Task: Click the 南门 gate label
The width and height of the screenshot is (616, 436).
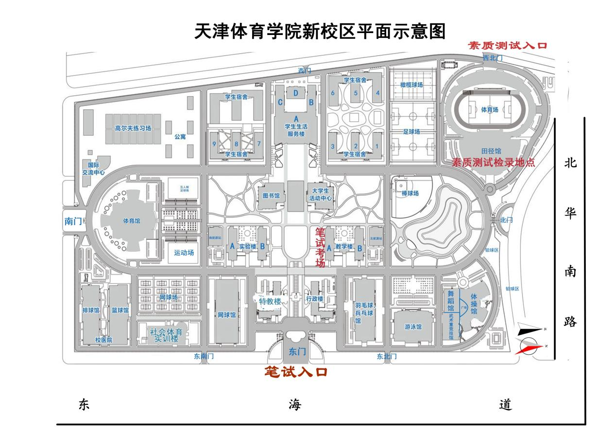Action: pyautogui.click(x=73, y=221)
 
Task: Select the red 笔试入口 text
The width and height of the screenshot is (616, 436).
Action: pyautogui.click(x=295, y=372)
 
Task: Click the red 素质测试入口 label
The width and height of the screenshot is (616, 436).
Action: pyautogui.click(x=507, y=46)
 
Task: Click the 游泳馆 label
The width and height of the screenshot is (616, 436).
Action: pyautogui.click(x=413, y=327)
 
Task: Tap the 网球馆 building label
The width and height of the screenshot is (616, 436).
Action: pyautogui.click(x=226, y=315)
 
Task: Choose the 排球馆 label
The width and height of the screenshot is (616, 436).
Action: pyautogui.click(x=90, y=310)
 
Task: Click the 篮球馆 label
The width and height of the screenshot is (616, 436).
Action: pyautogui.click(x=120, y=310)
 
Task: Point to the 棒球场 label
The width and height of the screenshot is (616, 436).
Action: pyautogui.click(x=411, y=194)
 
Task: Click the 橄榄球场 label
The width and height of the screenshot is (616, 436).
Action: pyautogui.click(x=411, y=85)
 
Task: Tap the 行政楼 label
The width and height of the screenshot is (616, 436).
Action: pyautogui.click(x=315, y=299)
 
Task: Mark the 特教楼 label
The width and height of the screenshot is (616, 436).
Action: pyautogui.click(x=270, y=301)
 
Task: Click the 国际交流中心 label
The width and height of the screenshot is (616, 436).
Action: pyautogui.click(x=93, y=168)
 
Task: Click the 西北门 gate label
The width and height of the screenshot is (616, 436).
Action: pyautogui.click(x=492, y=58)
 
